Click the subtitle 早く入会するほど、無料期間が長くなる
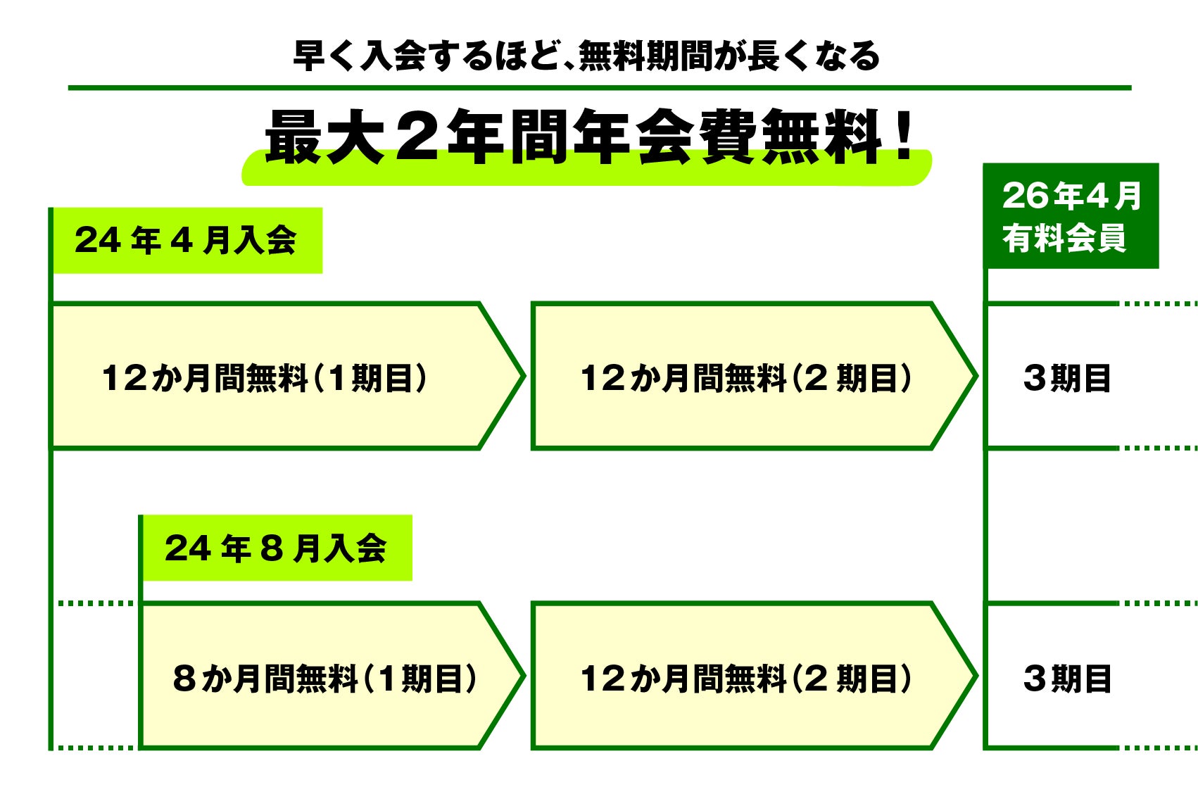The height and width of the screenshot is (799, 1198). click(x=586, y=56)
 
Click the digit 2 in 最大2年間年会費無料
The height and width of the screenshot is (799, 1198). click(x=417, y=136)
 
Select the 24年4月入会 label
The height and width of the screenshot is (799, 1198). click(x=186, y=240)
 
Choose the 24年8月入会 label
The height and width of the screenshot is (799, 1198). click(x=276, y=548)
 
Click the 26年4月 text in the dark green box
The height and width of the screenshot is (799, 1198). click(x=1071, y=196)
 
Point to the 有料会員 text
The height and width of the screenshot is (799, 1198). click(x=1064, y=238)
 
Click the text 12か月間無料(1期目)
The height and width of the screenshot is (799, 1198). click(x=265, y=378)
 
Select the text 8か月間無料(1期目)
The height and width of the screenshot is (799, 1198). click(x=324, y=679)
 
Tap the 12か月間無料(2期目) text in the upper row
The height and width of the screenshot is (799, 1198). click(x=746, y=378)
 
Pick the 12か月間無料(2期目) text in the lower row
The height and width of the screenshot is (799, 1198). click(x=746, y=679)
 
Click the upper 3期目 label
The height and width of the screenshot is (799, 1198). click(x=1067, y=378)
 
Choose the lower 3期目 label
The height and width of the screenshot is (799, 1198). click(x=1067, y=679)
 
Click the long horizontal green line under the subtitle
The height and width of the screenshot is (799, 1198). click(x=598, y=88)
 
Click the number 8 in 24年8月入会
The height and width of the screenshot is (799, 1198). click(x=272, y=548)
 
